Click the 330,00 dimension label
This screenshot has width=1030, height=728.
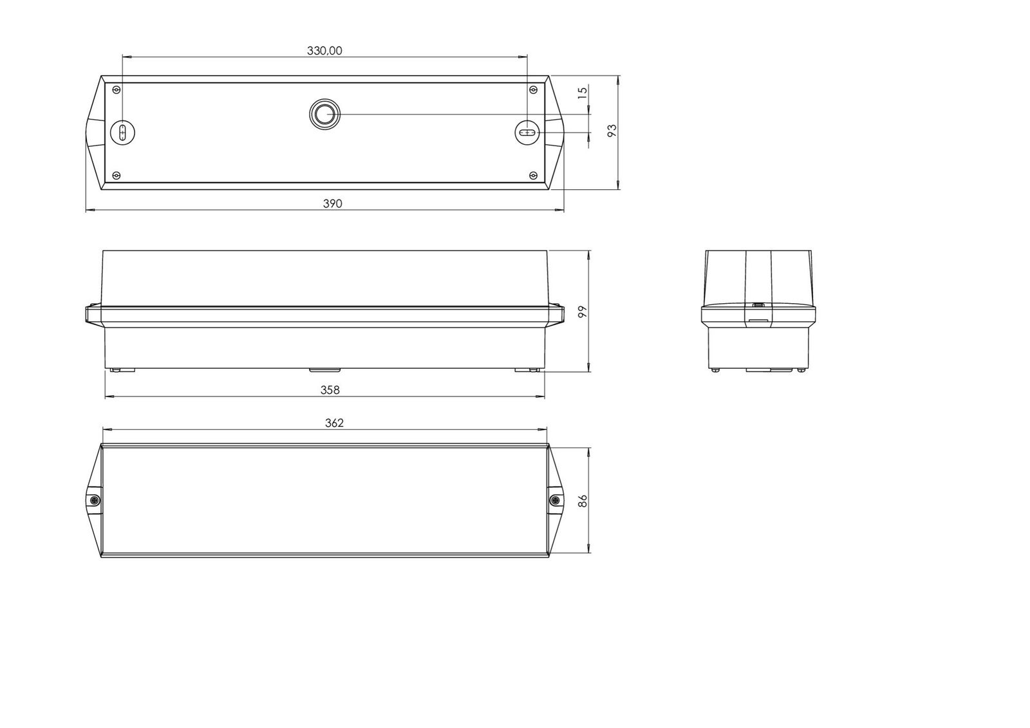tap(324, 51)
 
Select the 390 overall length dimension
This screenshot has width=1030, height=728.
tap(332, 203)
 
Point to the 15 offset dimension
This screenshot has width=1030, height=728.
tap(583, 93)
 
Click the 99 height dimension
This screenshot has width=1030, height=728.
tap(583, 312)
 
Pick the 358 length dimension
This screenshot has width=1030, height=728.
tap(330, 390)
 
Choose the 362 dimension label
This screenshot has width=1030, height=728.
tap(334, 423)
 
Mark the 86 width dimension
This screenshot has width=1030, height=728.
tap(583, 500)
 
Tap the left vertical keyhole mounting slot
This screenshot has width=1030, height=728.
tap(122, 132)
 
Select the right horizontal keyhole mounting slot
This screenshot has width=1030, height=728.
tap(527, 133)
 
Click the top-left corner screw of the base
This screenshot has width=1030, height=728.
tap(116, 89)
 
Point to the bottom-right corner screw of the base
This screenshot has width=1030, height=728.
tap(532, 175)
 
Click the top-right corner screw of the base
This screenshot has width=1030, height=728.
tap(532, 89)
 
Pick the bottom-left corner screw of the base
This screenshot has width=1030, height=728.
tap(116, 175)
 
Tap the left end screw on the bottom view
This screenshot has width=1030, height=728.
tap(93, 500)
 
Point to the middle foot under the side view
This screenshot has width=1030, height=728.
tap(325, 370)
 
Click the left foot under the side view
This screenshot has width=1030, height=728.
tap(118, 370)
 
